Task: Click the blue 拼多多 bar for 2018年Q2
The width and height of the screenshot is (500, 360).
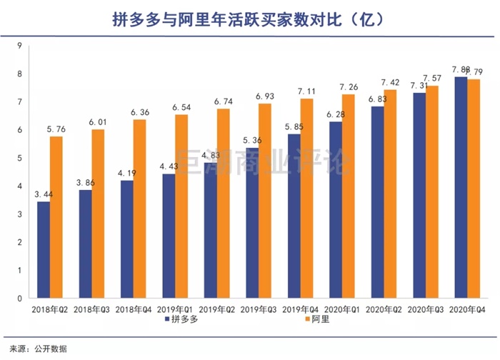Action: tap(44, 249)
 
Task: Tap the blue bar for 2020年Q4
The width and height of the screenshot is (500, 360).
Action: tap(461, 187)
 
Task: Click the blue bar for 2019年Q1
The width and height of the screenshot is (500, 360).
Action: tap(169, 236)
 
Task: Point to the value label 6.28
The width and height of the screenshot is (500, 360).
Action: tap(335, 114)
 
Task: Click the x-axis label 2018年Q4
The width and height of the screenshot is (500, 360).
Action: tap(133, 309)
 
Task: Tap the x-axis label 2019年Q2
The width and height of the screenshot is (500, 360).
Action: tap(216, 309)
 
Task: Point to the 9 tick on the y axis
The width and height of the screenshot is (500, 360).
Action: tap(19, 46)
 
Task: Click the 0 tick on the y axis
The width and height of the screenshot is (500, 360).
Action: tap(19, 297)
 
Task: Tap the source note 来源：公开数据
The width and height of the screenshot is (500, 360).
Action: tap(34, 348)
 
